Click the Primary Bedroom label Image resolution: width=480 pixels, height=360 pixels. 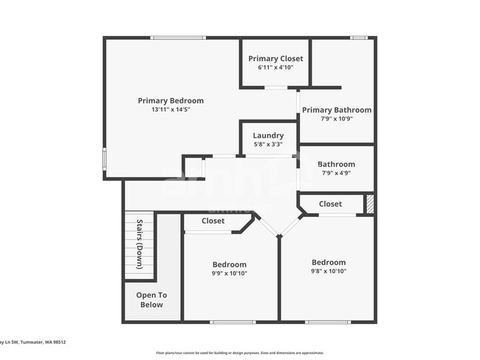[x=171, y=101]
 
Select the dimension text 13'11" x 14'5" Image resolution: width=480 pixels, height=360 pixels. [x=171, y=110]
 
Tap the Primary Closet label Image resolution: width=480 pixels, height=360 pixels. [x=275, y=58]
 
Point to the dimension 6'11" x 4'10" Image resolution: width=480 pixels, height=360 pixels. [x=275, y=67]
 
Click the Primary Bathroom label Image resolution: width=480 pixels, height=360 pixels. [x=336, y=110]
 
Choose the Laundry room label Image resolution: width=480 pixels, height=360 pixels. [x=268, y=136]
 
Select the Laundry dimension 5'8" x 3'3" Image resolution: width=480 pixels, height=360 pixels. [x=268, y=145]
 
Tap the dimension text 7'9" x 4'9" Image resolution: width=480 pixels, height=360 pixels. [x=336, y=173]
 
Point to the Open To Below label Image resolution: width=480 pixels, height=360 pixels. [x=151, y=300]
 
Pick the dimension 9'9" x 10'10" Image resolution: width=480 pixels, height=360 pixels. [x=230, y=273]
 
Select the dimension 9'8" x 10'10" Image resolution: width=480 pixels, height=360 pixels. [x=329, y=271]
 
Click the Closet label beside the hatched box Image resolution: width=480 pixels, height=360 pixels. [x=330, y=204]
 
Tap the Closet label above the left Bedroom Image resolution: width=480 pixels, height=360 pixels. [x=213, y=221]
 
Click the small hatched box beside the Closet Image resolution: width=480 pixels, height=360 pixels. [x=370, y=204]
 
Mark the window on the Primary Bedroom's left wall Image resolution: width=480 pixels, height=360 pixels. [x=104, y=159]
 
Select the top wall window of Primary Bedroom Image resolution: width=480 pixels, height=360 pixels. [x=178, y=38]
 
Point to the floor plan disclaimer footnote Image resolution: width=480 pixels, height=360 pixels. [x=239, y=353]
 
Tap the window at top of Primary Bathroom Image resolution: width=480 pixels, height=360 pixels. [x=358, y=38]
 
